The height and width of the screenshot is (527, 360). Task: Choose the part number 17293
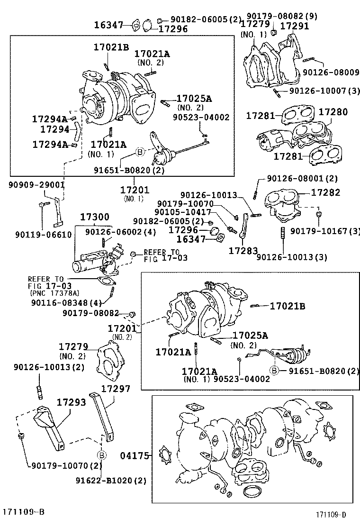coord(72,402)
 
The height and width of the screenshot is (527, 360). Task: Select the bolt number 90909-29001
coord(36,185)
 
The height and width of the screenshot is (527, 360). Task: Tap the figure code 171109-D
coord(332,515)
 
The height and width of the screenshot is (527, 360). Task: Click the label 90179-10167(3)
coord(325,231)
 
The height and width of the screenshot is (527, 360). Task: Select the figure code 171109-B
coord(24,512)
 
